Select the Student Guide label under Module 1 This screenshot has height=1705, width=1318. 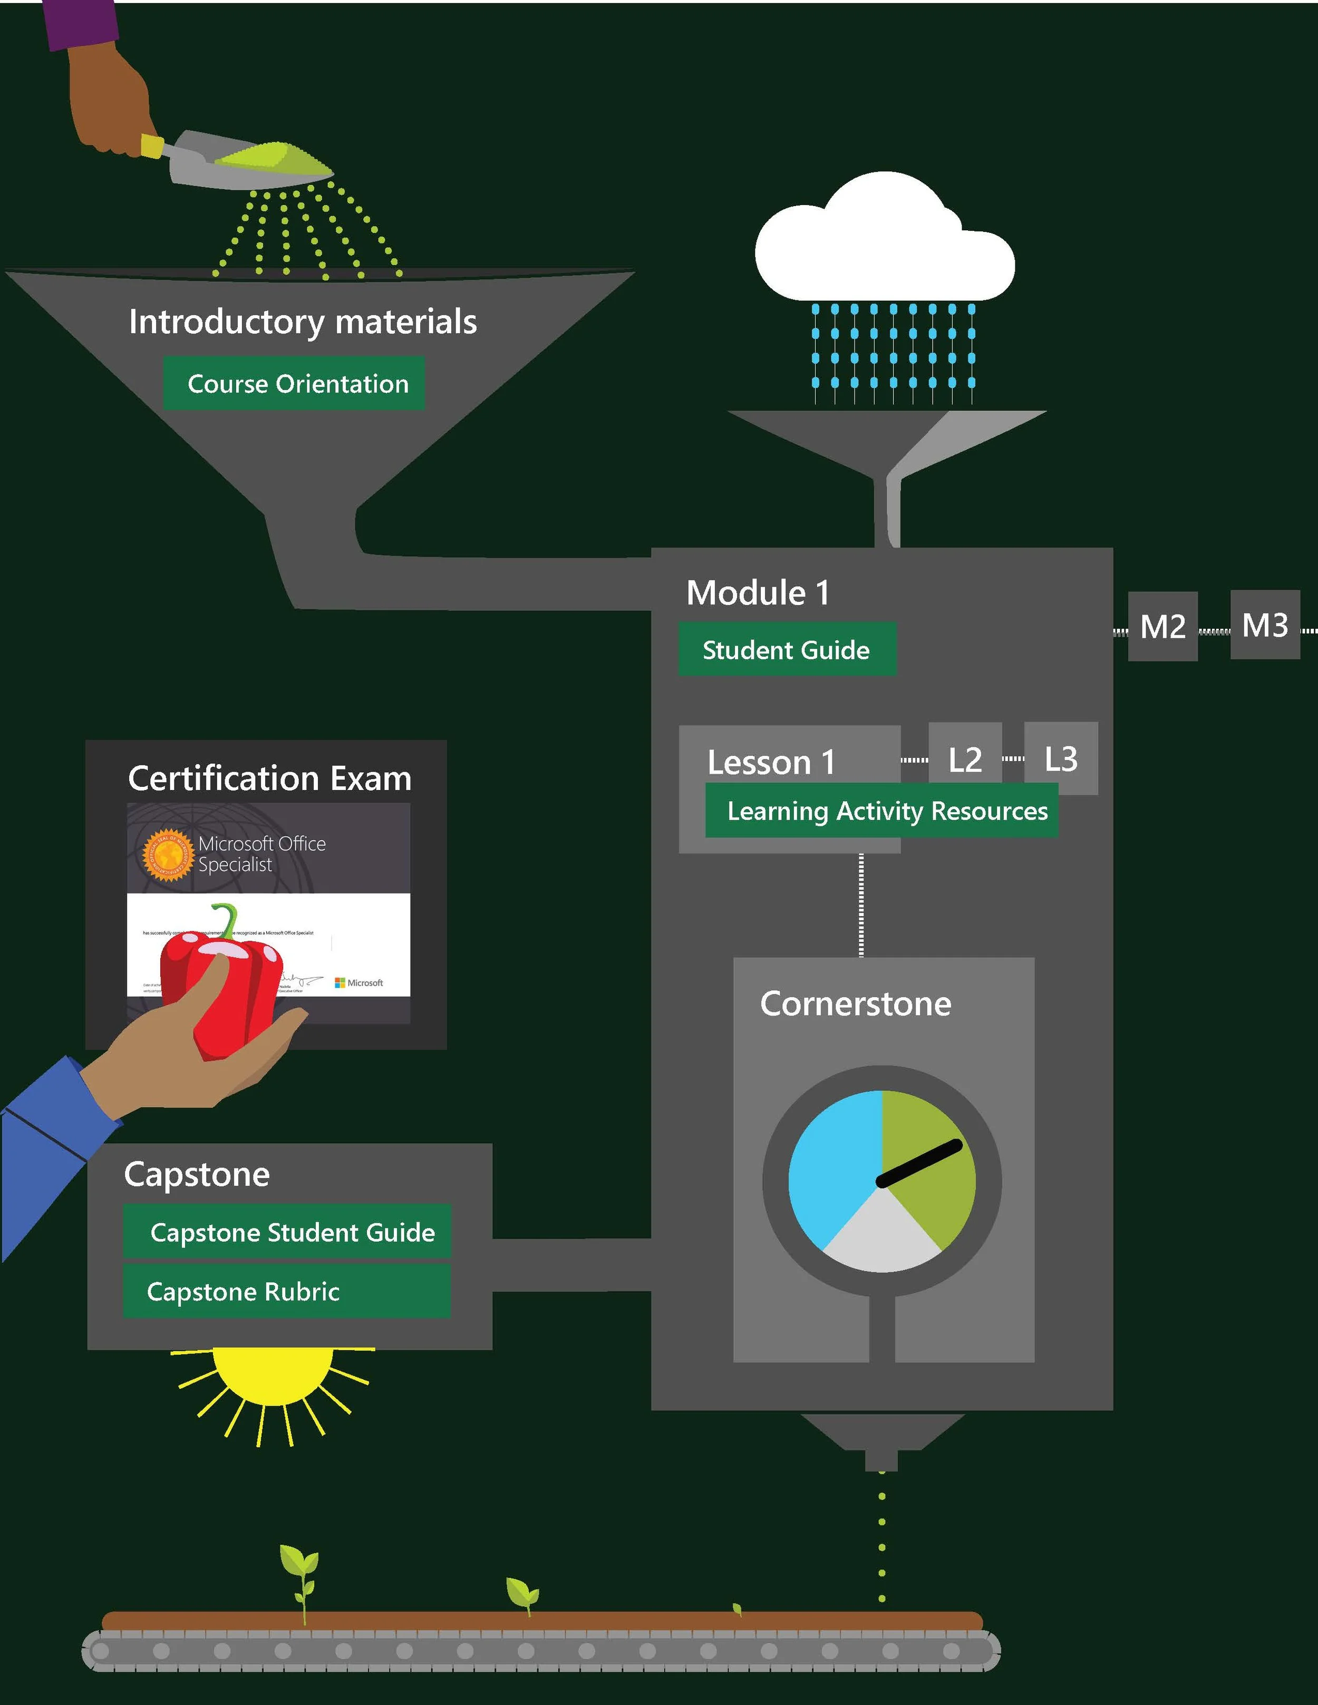pyautogui.click(x=786, y=649)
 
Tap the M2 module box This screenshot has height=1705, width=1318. pyautogui.click(x=1162, y=626)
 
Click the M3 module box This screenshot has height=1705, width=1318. pyautogui.click(x=1265, y=625)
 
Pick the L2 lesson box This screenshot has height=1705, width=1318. pyautogui.click(x=965, y=759)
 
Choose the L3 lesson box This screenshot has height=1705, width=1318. pyautogui.click(x=1061, y=758)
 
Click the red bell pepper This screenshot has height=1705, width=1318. pyautogui.click(x=234, y=991)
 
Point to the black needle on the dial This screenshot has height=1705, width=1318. pyautogui.click(x=920, y=1162)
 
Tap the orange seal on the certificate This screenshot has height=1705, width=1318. pyautogui.click(x=166, y=855)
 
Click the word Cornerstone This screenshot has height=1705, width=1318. pyautogui.click(x=856, y=1004)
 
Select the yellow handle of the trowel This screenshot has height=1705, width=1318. pyautogui.click(x=152, y=146)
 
